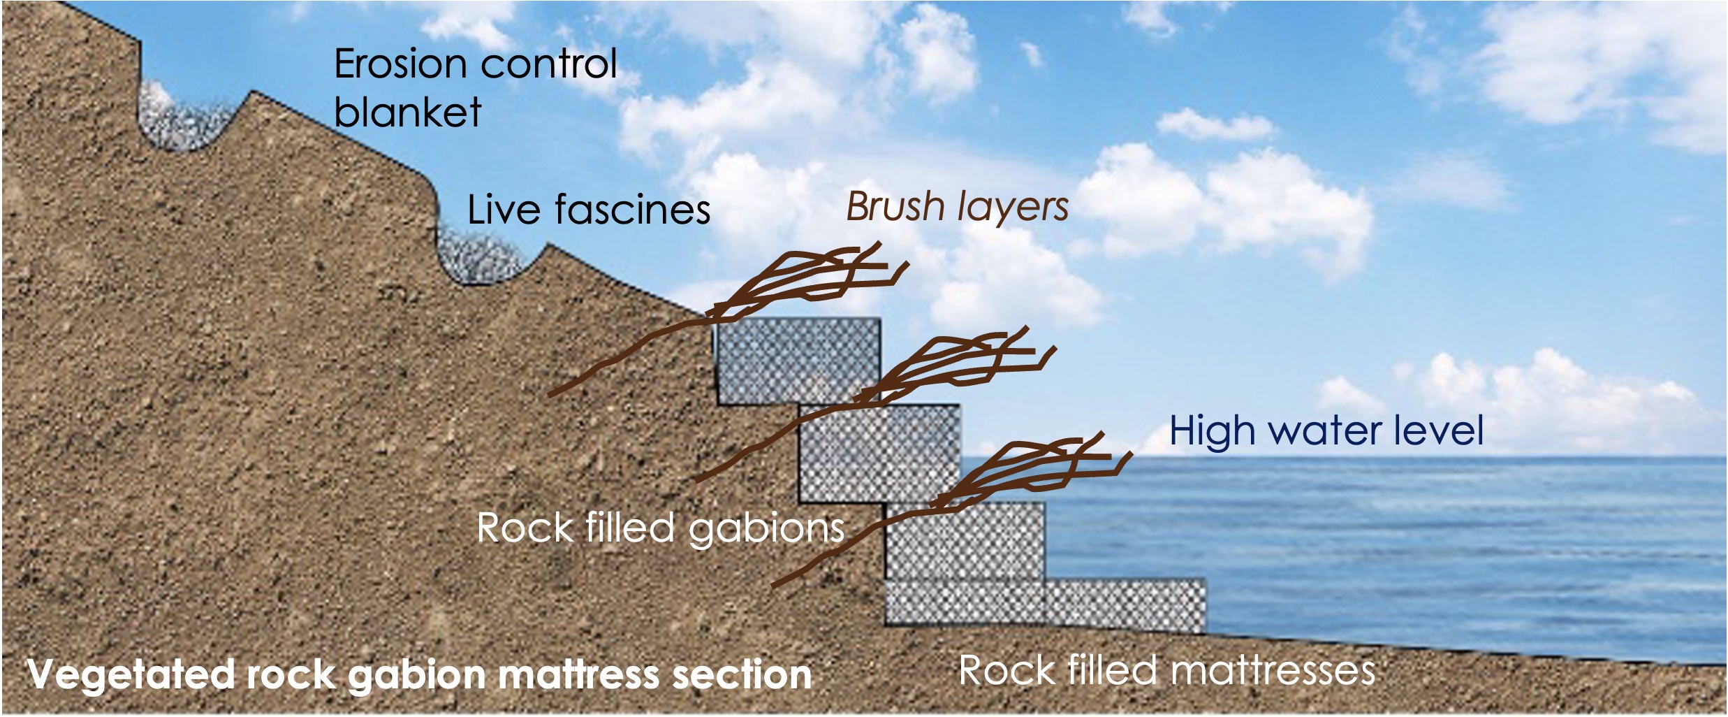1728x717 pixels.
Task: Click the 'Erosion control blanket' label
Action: coord(475,87)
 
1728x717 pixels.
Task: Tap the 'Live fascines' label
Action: coord(588,210)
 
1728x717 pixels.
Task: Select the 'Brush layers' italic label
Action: coord(957,207)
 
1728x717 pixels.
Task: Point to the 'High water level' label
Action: coord(1326,430)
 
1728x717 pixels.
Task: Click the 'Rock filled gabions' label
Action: coord(660,528)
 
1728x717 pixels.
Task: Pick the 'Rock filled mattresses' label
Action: coord(1166,671)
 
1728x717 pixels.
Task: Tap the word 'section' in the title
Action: coord(740,675)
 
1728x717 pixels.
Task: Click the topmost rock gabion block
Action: coord(796,360)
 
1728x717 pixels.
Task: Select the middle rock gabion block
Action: coord(879,453)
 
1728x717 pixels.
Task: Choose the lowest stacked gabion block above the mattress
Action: coord(965,542)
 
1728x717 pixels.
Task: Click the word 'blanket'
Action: coord(407,112)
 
